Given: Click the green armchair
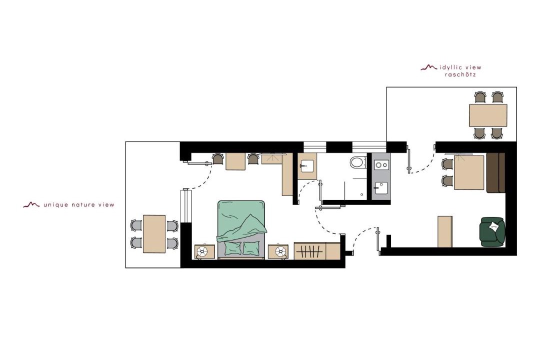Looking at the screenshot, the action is click(x=492, y=231).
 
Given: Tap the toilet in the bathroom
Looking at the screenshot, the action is click(x=358, y=162).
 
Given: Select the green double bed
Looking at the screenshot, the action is click(x=241, y=229).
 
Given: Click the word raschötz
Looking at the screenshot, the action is click(x=460, y=74).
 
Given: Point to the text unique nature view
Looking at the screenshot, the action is click(x=79, y=205).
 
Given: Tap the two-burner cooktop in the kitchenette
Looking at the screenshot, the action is click(x=381, y=165).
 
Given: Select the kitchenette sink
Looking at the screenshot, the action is click(x=381, y=188).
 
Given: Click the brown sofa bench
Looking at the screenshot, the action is click(x=496, y=172).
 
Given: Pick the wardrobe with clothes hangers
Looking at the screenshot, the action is click(x=309, y=251).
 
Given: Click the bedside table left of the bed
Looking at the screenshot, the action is click(x=205, y=252).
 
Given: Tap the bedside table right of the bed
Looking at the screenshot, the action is click(x=278, y=252).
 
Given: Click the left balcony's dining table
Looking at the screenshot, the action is click(x=154, y=234).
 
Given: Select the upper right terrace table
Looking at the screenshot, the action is click(x=488, y=115).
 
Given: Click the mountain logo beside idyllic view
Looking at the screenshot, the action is click(x=429, y=67).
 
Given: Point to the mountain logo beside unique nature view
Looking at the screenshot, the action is click(x=31, y=204).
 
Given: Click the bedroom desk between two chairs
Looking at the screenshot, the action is click(x=235, y=161).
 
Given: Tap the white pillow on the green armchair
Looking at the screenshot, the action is click(x=493, y=226).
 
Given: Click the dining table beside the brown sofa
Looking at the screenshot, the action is click(x=469, y=172).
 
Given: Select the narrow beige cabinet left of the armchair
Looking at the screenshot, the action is click(x=444, y=231).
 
